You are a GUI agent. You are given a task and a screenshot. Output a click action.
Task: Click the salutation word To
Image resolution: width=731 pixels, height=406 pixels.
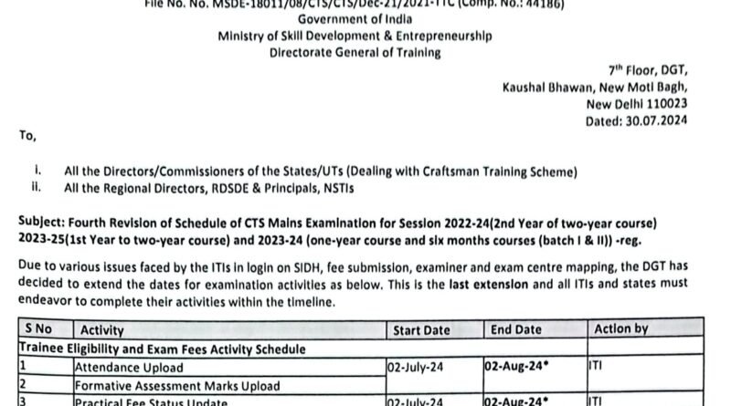pyautogui.click(x=26, y=136)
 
